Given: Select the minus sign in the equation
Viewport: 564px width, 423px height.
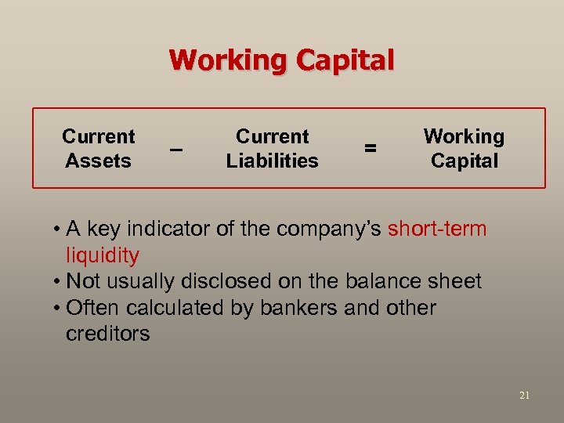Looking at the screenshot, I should tap(177, 148).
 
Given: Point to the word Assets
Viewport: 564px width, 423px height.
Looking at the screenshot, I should tap(99, 161).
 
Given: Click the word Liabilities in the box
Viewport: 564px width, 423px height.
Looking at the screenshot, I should tap(273, 161).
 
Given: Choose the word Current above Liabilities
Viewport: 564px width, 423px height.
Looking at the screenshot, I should tap(273, 136).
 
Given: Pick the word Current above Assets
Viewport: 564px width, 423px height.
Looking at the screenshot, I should tap(99, 136).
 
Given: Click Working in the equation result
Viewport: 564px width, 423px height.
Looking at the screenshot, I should tap(464, 136).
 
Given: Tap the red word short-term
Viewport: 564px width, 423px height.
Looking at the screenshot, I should tap(437, 230).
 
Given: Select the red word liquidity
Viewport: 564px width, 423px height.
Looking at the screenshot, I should tap(103, 255).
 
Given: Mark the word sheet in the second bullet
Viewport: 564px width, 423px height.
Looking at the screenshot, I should tap(454, 281).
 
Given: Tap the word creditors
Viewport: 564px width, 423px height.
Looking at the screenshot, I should tap(108, 334).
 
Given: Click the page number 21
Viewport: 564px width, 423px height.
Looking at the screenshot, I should tap(524, 396).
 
